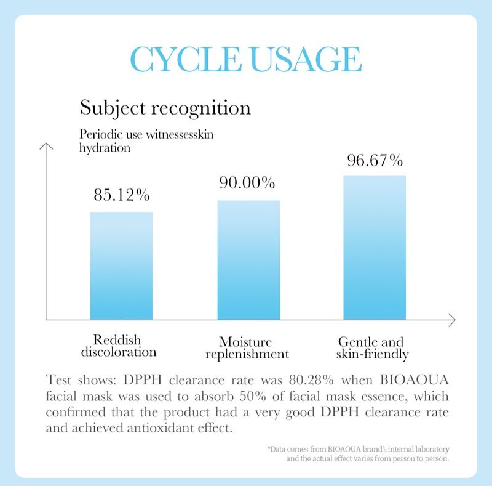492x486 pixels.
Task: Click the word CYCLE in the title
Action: pos(180,60)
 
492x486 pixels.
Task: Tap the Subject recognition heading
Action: pos(165,108)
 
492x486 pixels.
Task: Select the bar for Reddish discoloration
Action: pos(121,265)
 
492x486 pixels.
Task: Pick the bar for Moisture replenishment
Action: pos(248,259)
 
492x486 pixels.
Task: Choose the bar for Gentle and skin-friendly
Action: pos(375,247)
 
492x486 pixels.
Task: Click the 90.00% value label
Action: pos(247,183)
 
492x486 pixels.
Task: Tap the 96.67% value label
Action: pos(375,161)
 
